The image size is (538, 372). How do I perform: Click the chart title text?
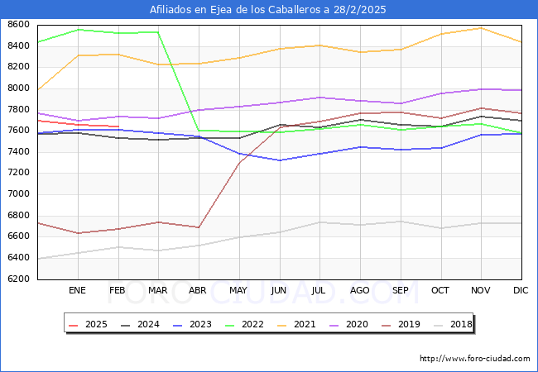pyautogui.click(x=268, y=10)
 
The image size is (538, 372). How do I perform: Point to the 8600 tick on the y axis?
pyautogui.click(x=17, y=25)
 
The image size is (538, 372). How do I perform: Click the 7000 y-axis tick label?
pyautogui.click(x=17, y=194)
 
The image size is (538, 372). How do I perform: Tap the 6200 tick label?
pyautogui.click(x=17, y=279)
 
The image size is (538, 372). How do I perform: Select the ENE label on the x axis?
pyautogui.click(x=77, y=290)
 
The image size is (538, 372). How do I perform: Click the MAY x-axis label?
pyautogui.click(x=238, y=290)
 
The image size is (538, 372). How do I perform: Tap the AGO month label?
pyautogui.click(x=360, y=290)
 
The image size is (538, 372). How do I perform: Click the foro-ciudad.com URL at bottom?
pyautogui.click(x=475, y=359)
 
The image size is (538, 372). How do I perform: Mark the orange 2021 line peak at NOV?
pyautogui.click(x=481, y=28)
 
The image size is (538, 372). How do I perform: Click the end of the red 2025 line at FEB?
pyautogui.click(x=118, y=126)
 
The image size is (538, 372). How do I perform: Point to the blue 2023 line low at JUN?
pyautogui.click(x=279, y=160)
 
